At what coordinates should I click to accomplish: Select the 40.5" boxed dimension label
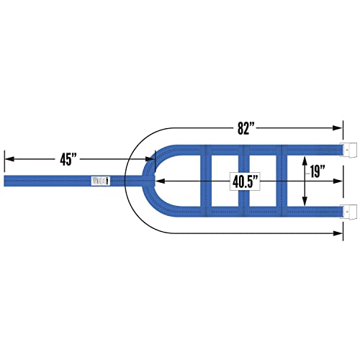246,181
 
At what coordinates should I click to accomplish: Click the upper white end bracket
348,150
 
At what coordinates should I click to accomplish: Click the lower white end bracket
348,212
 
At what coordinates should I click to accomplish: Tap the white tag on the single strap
101,181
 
